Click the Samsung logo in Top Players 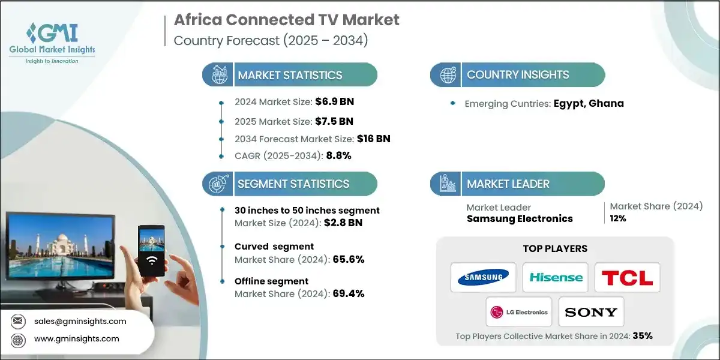(x=483, y=277)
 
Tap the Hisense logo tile (x=555, y=277)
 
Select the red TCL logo (x=627, y=277)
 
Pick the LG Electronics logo (x=519, y=312)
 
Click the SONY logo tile (x=591, y=312)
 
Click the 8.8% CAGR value (x=338, y=155)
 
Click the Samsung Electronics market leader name (x=520, y=218)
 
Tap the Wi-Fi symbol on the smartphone (x=152, y=260)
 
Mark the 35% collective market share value (x=642, y=335)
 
